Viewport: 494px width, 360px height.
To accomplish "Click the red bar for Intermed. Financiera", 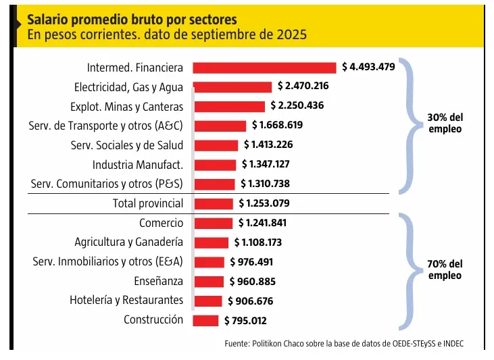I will (264, 68).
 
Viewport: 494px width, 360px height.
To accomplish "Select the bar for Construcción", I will (205, 320).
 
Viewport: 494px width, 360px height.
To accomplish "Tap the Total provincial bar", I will (213, 203).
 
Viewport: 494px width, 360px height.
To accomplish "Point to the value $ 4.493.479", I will (368, 67).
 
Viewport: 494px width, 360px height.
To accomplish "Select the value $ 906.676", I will (251, 301).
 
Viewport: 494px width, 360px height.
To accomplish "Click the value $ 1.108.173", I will (257, 242).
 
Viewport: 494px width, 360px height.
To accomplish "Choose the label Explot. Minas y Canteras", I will (126, 106).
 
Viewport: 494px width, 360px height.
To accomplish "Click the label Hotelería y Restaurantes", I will (126, 300).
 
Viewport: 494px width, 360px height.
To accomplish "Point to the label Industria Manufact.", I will (138, 164).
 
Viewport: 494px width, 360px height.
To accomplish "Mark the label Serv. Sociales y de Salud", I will (127, 145).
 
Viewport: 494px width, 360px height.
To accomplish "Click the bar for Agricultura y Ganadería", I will (212, 242).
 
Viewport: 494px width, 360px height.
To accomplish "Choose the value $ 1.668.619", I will (277, 126).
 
